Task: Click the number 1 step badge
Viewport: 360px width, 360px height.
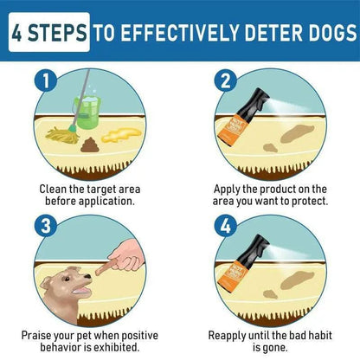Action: click(46, 81)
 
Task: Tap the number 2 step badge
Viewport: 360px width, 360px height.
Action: click(226, 81)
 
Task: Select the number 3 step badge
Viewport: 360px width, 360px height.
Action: click(46, 226)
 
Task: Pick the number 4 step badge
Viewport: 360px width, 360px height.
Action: click(226, 226)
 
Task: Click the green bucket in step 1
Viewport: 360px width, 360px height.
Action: click(87, 112)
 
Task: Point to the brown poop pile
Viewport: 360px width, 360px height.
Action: click(90, 145)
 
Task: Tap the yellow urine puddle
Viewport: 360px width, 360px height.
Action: click(121, 135)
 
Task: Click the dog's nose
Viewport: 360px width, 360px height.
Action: click(88, 277)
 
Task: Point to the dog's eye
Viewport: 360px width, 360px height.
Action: click(67, 279)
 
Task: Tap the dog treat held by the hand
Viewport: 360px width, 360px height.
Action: click(106, 267)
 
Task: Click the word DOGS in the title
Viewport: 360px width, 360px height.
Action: click(332, 32)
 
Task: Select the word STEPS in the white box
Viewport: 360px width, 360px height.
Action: click(57, 32)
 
